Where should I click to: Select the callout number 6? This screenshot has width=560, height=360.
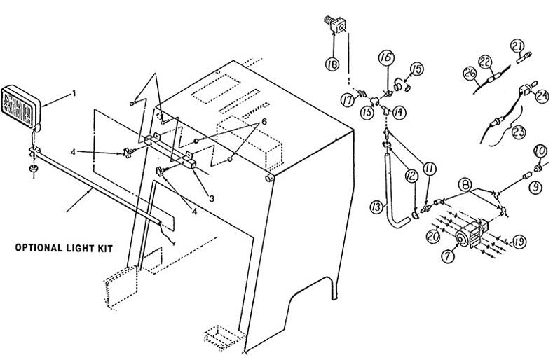pyautogui.click(x=264, y=121)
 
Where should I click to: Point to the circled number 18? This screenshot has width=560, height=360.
pyautogui.click(x=331, y=64)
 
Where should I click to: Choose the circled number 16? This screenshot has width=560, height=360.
pyautogui.click(x=384, y=58)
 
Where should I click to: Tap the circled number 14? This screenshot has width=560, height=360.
pyautogui.click(x=399, y=111)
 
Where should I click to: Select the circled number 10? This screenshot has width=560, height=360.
pyautogui.click(x=540, y=150)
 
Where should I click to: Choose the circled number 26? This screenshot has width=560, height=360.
pyautogui.click(x=470, y=73)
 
